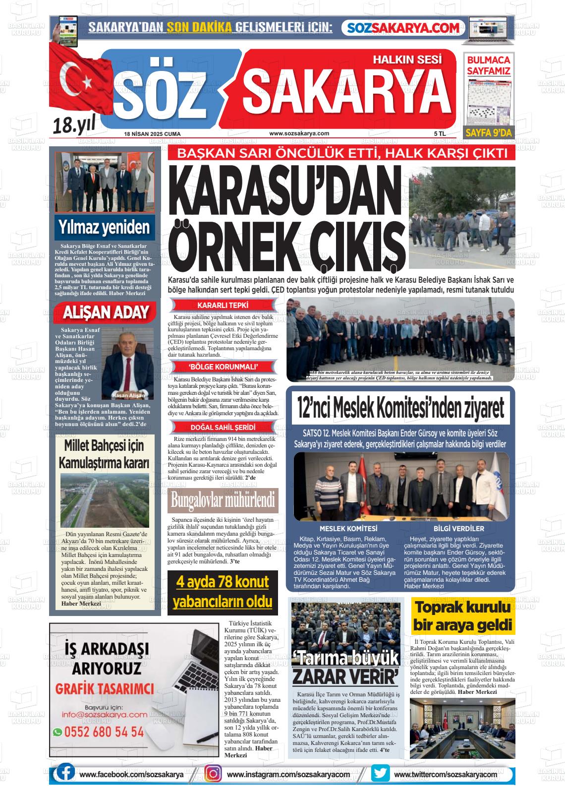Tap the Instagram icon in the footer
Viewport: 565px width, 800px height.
point(214,774)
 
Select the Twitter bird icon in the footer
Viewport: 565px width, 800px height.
point(380,774)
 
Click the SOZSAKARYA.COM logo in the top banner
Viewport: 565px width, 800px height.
point(404,28)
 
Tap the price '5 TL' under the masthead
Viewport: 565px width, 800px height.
point(440,134)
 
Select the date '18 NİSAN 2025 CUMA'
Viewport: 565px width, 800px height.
point(152,134)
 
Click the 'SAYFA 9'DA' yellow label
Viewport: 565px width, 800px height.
point(488,132)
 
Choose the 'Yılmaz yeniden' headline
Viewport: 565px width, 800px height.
point(104,228)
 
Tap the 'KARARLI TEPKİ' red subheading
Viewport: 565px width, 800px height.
point(223,306)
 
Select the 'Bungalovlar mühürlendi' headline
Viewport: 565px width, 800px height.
point(223,500)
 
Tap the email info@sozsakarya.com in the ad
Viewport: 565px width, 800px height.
point(105,715)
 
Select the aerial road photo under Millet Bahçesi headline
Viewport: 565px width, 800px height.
point(104,500)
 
